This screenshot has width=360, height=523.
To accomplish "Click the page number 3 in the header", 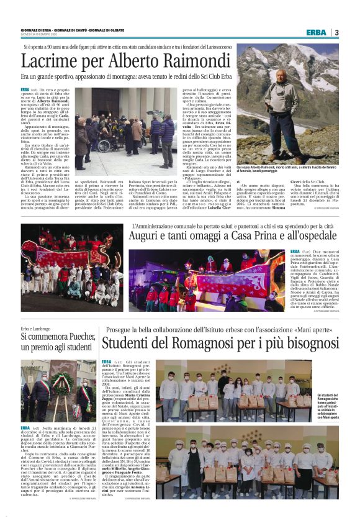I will pyautogui.click(x=336, y=32).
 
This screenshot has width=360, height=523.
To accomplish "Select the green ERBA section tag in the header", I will pyautogui.click(x=315, y=32).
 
